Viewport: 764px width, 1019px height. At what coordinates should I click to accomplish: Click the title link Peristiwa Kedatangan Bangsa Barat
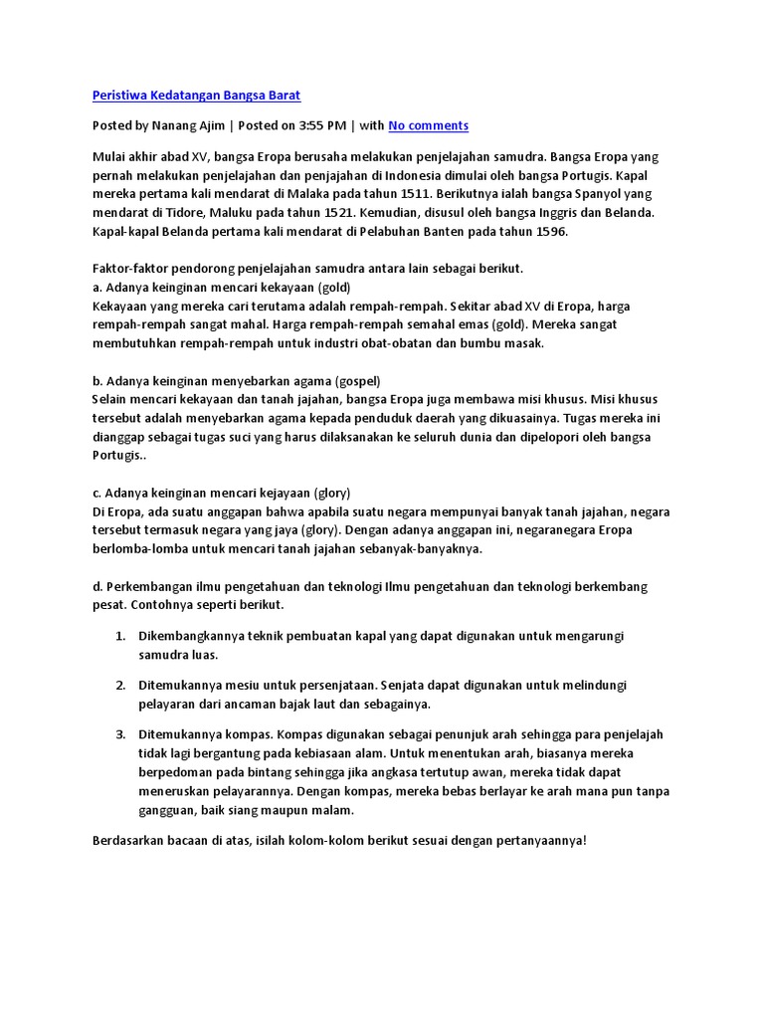[196, 96]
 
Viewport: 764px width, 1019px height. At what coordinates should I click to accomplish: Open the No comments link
[428, 125]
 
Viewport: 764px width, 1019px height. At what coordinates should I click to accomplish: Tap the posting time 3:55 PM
[323, 125]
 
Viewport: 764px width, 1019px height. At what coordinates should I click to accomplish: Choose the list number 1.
[119, 635]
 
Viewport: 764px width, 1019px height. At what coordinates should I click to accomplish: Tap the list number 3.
[119, 734]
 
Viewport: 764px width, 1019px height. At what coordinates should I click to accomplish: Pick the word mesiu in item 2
[232, 685]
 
